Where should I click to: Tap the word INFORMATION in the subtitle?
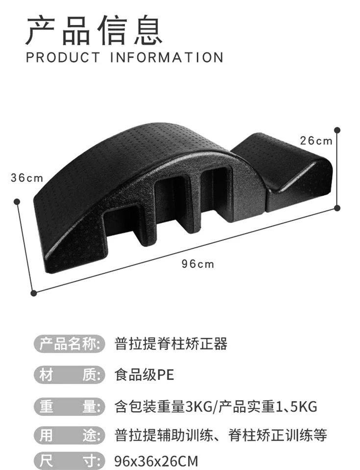pos(167,57)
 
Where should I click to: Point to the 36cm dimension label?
pos(27,178)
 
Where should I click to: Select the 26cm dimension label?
pos(316,141)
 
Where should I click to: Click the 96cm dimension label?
pos(198,264)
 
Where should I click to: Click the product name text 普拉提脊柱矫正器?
pos(171,344)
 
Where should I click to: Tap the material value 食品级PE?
pos(144,375)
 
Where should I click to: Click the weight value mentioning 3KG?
pos(216,406)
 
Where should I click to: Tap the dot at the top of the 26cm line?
pos(337,130)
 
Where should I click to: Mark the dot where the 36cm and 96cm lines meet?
pos(33,293)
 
